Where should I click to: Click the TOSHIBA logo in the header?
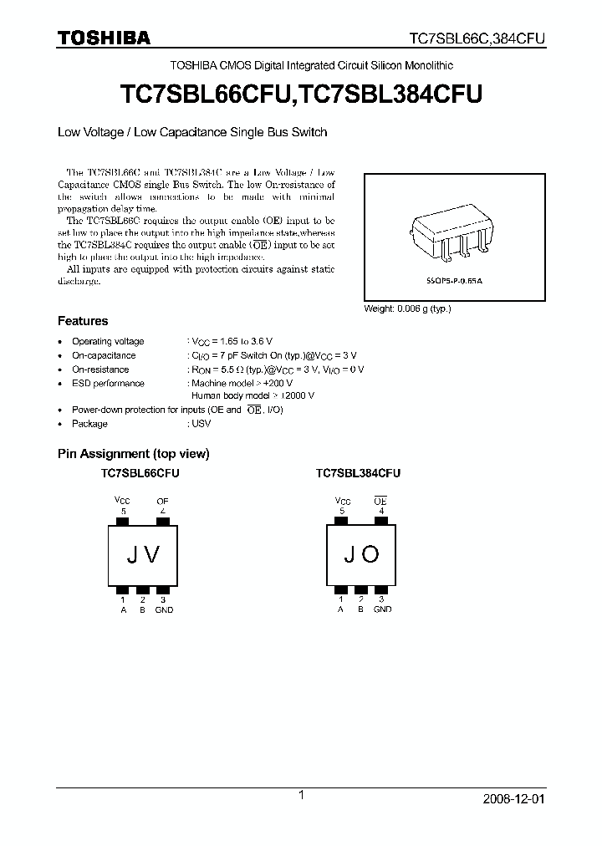(x=104, y=38)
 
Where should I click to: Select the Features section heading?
(x=82, y=321)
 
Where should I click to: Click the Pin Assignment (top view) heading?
(x=133, y=454)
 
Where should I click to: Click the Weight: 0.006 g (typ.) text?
(x=407, y=308)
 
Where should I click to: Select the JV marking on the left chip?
(x=143, y=554)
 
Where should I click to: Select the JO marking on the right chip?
(x=360, y=554)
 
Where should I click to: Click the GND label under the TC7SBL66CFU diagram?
(x=164, y=609)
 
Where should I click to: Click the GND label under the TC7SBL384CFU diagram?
(x=382, y=609)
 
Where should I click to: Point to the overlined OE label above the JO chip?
(x=380, y=501)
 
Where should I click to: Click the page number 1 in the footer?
(x=300, y=796)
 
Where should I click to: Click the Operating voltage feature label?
(x=108, y=341)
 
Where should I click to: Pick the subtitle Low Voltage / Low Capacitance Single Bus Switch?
(x=191, y=132)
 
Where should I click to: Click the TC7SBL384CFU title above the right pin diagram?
(x=358, y=473)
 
